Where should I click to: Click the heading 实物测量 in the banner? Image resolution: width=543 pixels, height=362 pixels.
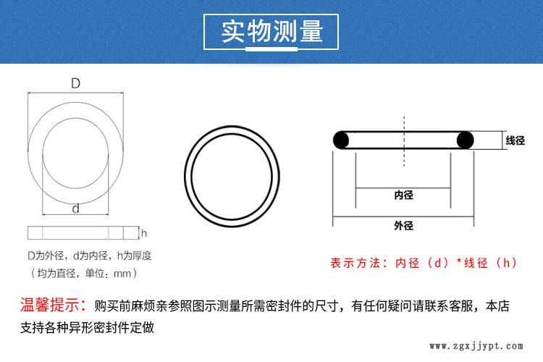coord(271,32)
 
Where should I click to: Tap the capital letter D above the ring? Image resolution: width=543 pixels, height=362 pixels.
coord(75,84)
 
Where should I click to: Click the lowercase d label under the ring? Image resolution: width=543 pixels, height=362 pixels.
coord(75,209)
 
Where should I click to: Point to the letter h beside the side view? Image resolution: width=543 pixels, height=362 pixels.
coord(144,233)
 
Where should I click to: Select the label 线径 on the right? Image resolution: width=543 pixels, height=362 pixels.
coord(515,140)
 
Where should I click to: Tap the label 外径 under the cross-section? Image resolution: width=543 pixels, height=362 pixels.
coord(403,226)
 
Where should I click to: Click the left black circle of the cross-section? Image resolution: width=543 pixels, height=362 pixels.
coord(342,140)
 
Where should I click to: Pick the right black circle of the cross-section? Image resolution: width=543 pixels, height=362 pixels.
coord(464,140)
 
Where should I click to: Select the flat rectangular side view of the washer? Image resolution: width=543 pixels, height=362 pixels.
coord(81,233)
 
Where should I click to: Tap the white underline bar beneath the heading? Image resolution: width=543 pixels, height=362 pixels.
coord(271,50)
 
